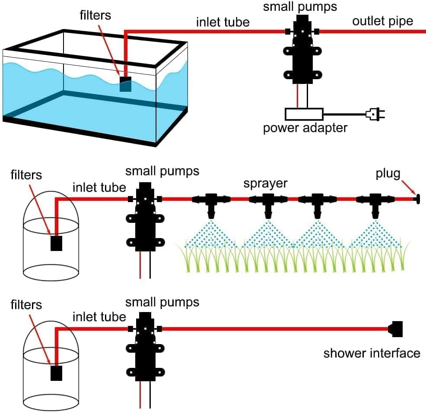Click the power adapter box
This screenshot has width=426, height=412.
point(304,114)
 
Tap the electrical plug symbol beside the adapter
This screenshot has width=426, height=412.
point(375,114)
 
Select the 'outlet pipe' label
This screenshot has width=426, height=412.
point(382,21)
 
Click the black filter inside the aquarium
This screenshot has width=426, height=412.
point(125,84)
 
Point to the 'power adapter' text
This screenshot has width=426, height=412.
point(305,129)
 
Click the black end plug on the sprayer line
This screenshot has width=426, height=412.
point(418,200)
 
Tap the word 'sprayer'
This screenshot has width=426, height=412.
point(265,183)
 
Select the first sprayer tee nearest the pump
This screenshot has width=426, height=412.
point(211,203)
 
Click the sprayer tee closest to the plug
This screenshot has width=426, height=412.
point(375,203)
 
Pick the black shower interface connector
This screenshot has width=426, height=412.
point(396,329)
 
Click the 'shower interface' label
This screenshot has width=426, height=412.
point(372,353)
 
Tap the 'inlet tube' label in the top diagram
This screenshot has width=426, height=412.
point(223,22)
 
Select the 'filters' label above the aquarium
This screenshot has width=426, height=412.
point(95,15)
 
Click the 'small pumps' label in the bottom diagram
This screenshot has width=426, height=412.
point(162,302)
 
